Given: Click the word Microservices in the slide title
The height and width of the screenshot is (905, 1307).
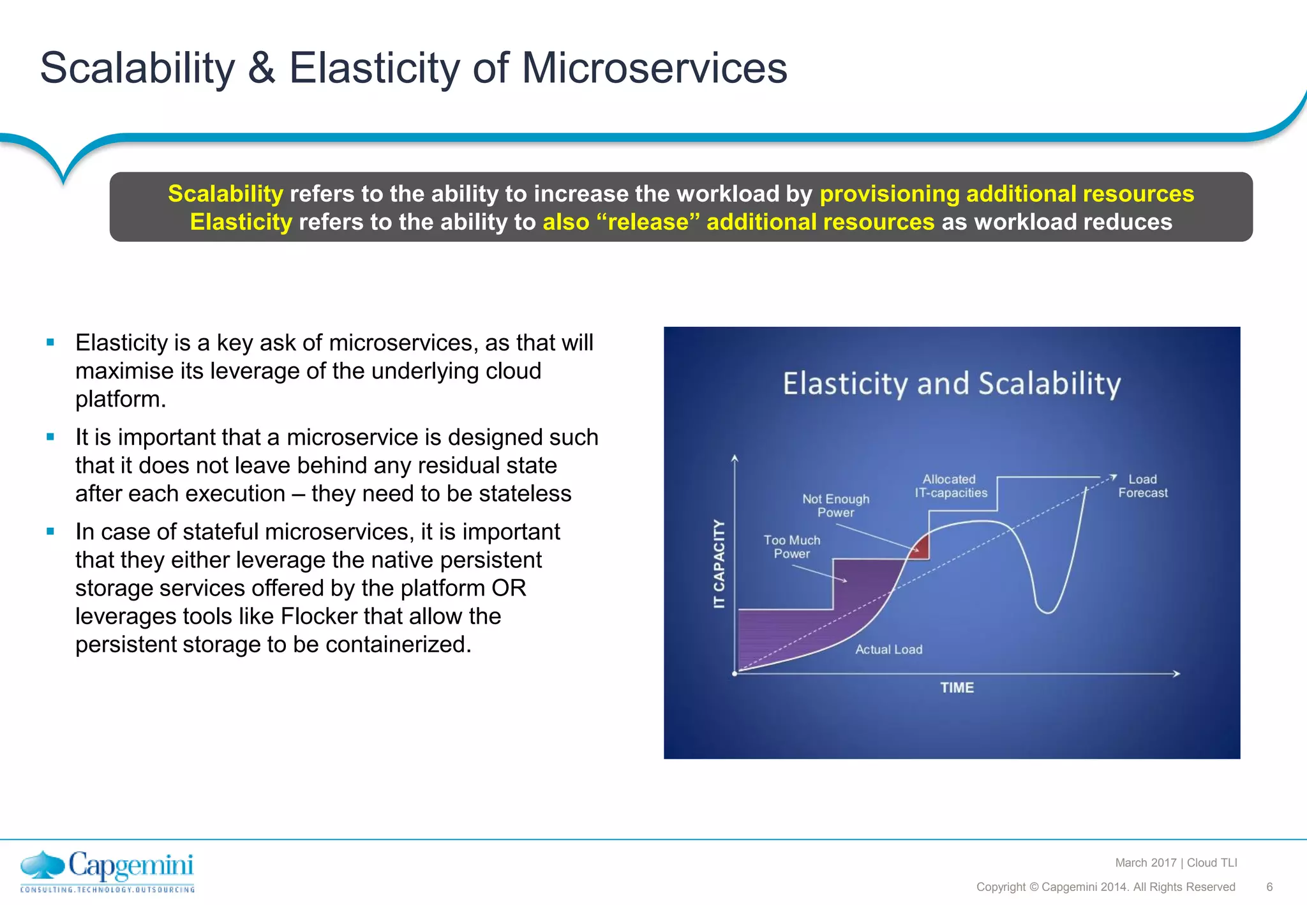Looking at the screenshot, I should pyautogui.click(x=654, y=68).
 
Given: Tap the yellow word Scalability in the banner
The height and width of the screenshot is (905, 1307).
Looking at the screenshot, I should pyautogui.click(x=225, y=193).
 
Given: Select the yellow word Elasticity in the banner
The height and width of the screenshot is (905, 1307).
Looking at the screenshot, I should pyautogui.click(x=241, y=222).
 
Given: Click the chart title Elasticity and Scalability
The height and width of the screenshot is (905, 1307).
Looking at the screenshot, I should pyautogui.click(x=952, y=384).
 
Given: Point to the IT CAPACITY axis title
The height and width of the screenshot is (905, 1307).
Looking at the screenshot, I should pyautogui.click(x=719, y=564).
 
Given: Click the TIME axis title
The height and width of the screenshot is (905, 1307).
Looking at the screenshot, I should pyautogui.click(x=957, y=688).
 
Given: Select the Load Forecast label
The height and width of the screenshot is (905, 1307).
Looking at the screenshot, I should pyautogui.click(x=1142, y=486).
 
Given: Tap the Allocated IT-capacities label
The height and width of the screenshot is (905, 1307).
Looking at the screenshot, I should pyautogui.click(x=950, y=486).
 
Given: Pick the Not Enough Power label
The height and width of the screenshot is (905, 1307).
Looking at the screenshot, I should pyautogui.click(x=835, y=505).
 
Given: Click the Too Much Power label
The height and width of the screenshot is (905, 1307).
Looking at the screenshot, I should pyautogui.click(x=791, y=547).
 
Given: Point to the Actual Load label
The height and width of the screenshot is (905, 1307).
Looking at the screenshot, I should pyautogui.click(x=888, y=650).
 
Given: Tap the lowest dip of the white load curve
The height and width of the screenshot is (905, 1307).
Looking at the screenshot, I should pyautogui.click(x=1047, y=611).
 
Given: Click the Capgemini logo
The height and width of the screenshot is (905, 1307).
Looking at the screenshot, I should pyautogui.click(x=107, y=871).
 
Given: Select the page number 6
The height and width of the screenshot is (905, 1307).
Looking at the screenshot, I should pyautogui.click(x=1269, y=887).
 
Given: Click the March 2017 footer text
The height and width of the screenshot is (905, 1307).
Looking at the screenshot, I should pyautogui.click(x=1146, y=863).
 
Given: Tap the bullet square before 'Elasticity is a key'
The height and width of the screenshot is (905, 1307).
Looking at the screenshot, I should pyautogui.click(x=50, y=343).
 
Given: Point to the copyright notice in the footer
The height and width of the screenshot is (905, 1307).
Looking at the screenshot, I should pyautogui.click(x=1105, y=887).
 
